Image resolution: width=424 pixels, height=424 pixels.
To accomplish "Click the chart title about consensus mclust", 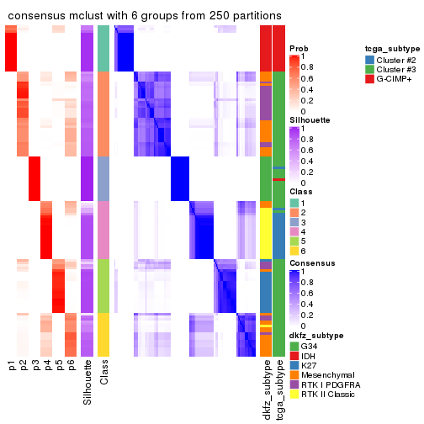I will (145, 17).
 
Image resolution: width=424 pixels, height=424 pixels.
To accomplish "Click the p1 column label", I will (12, 367).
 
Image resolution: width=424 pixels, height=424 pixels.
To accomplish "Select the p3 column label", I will (35, 367).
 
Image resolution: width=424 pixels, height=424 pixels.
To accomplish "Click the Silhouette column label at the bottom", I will (87, 383).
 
